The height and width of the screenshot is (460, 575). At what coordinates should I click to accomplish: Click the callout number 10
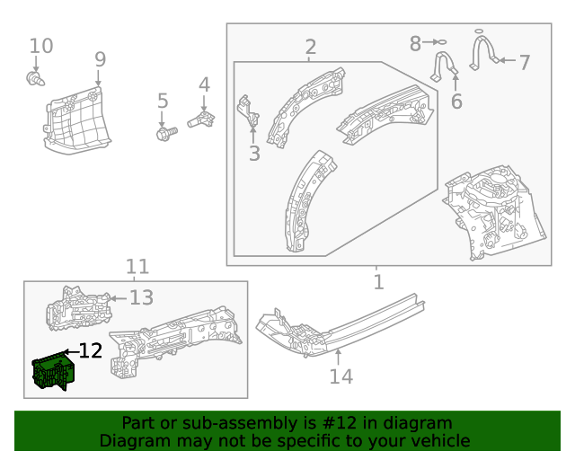[41, 46]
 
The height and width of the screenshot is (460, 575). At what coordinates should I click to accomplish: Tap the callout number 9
[100, 59]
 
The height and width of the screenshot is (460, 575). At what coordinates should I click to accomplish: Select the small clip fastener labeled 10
[34, 80]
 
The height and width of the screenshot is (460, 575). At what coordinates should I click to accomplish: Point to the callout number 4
[204, 85]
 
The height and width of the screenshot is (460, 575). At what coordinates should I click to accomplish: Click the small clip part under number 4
[202, 119]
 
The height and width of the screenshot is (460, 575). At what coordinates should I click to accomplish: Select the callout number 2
[310, 47]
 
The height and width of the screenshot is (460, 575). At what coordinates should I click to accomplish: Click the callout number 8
[415, 42]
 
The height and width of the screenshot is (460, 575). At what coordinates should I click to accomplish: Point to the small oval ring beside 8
[440, 42]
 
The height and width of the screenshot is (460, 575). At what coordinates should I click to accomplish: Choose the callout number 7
[524, 63]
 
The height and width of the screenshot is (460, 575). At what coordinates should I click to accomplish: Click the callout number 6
[456, 102]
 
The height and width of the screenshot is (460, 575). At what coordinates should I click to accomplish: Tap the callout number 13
[142, 297]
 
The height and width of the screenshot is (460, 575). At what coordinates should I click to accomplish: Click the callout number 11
[137, 267]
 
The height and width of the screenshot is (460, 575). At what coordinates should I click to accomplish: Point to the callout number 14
[341, 376]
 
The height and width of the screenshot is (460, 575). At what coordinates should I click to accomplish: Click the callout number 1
[378, 282]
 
